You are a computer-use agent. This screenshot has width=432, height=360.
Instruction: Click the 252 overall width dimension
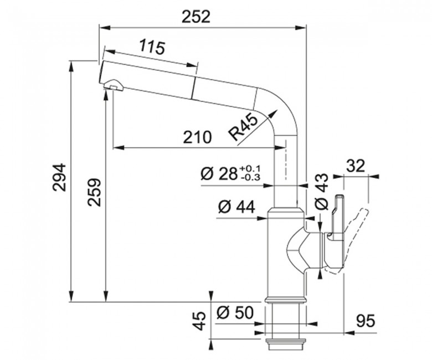196,17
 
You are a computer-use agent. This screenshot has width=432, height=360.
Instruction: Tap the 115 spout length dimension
152,47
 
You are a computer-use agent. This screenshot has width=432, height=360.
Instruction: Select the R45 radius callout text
243,127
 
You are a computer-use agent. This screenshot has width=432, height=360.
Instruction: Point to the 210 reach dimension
197,137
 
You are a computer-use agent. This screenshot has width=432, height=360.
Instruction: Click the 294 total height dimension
60,177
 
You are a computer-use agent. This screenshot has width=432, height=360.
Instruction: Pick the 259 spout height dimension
95,193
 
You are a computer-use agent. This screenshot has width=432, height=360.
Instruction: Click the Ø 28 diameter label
219,174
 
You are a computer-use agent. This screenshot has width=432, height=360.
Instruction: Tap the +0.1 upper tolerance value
250,168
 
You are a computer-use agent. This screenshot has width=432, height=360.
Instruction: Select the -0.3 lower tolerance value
250,178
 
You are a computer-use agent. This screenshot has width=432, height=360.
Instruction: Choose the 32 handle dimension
355,166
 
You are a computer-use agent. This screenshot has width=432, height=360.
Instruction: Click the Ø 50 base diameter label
235,312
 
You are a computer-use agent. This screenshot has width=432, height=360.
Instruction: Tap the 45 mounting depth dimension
199,321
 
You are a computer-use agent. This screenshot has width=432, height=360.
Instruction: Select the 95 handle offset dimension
366,321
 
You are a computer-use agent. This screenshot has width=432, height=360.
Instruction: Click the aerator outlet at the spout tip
113,86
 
